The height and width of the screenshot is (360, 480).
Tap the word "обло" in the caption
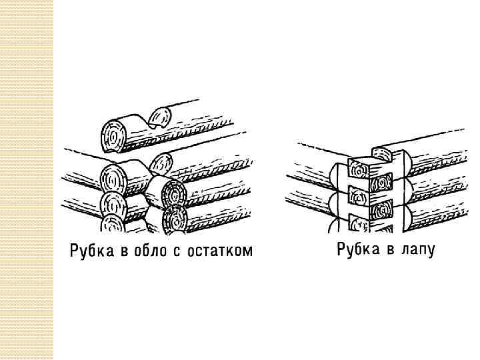(x=151, y=251)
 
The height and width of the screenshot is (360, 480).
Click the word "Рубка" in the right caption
(x=356, y=251)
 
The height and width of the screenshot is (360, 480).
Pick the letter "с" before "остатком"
(x=181, y=252)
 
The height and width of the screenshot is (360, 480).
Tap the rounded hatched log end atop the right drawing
(x=383, y=155)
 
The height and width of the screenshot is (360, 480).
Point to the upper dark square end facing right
(x=381, y=181)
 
